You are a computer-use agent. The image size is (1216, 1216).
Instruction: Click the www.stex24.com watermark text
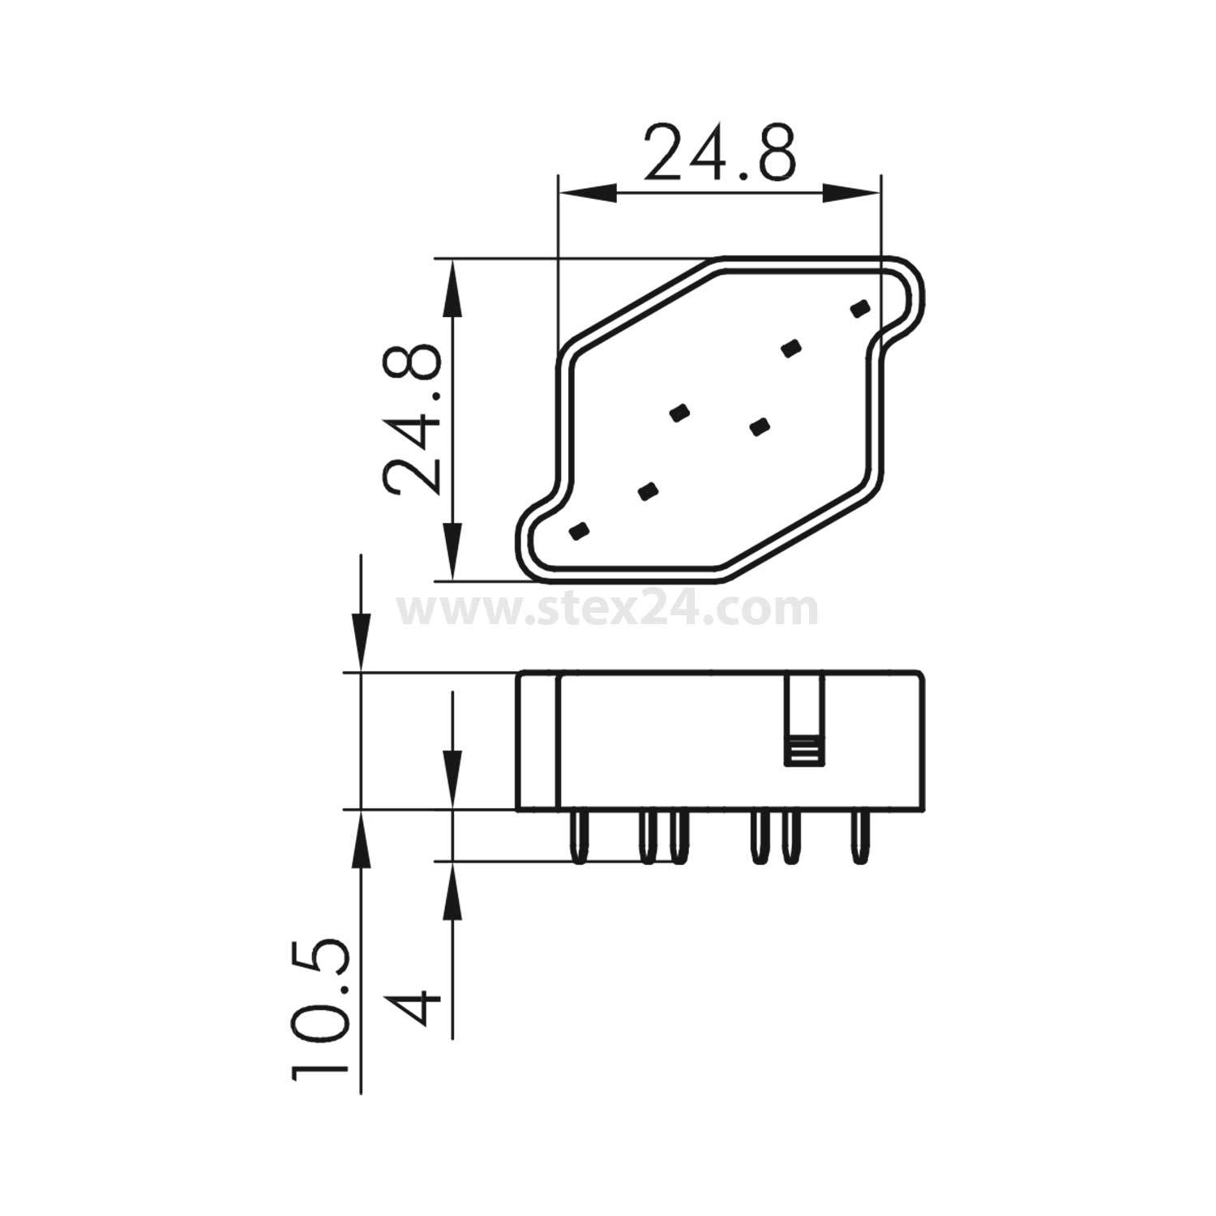[607, 610]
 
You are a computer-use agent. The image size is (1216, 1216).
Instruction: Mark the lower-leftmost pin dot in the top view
[578, 530]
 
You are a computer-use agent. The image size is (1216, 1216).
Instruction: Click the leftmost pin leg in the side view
[578, 837]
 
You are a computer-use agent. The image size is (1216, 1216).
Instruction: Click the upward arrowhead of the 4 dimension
[452, 888]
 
